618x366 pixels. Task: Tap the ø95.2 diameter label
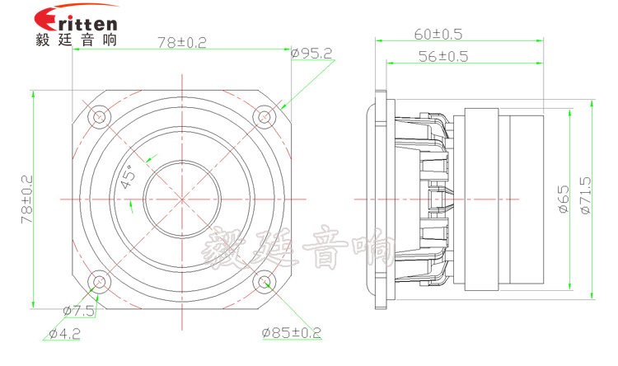(311, 54)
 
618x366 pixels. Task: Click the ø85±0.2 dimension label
(292, 333)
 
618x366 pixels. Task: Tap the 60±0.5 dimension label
(438, 35)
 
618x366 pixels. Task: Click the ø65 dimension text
(564, 199)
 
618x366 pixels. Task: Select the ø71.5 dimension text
(586, 198)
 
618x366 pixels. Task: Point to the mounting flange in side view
(382, 199)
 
